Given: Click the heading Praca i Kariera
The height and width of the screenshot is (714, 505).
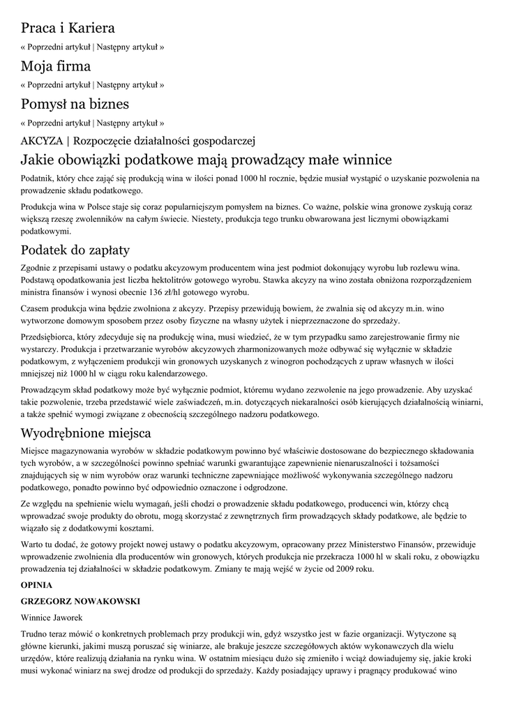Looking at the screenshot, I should click(68, 29).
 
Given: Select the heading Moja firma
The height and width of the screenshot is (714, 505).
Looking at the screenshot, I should click(56, 67).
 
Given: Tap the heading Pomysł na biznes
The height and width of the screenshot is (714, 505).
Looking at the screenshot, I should click(75, 105).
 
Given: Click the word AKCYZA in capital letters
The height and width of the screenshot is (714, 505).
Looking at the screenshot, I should click(43, 140).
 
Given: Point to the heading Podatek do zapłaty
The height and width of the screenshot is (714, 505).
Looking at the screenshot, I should click(75, 250).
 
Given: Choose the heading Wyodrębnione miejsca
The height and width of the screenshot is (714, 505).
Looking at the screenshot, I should click(86, 432).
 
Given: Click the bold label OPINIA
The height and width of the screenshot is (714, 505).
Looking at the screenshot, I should click(37, 586).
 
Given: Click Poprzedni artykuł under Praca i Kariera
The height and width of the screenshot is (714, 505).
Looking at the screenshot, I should click(59, 47).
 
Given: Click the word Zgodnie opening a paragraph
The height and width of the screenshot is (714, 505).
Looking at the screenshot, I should click(38, 268).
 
